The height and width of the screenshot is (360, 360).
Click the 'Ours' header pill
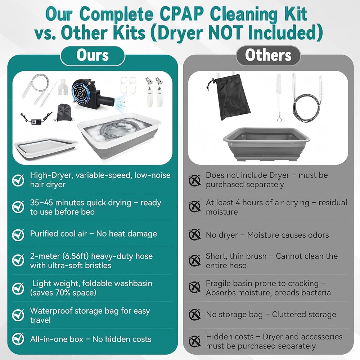click(x=93, y=56)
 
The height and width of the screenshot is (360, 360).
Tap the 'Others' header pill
click(x=268, y=56)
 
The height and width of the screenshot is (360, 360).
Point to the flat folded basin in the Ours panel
click(x=46, y=149)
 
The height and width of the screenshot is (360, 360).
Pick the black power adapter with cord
click(x=36, y=118)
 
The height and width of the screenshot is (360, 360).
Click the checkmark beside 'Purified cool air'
click(x=18, y=234)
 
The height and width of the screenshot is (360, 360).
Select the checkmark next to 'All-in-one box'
click(x=18, y=339)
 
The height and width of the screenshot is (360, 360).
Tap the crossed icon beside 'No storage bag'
click(x=194, y=314)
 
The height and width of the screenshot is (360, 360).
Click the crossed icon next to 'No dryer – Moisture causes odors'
click(x=194, y=235)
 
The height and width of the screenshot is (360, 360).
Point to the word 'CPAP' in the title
click(x=181, y=14)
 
